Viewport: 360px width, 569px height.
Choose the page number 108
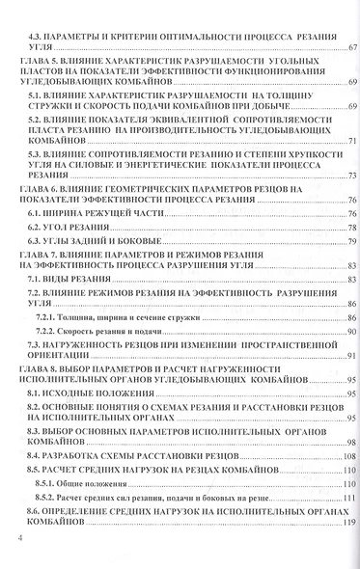click(350, 453)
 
